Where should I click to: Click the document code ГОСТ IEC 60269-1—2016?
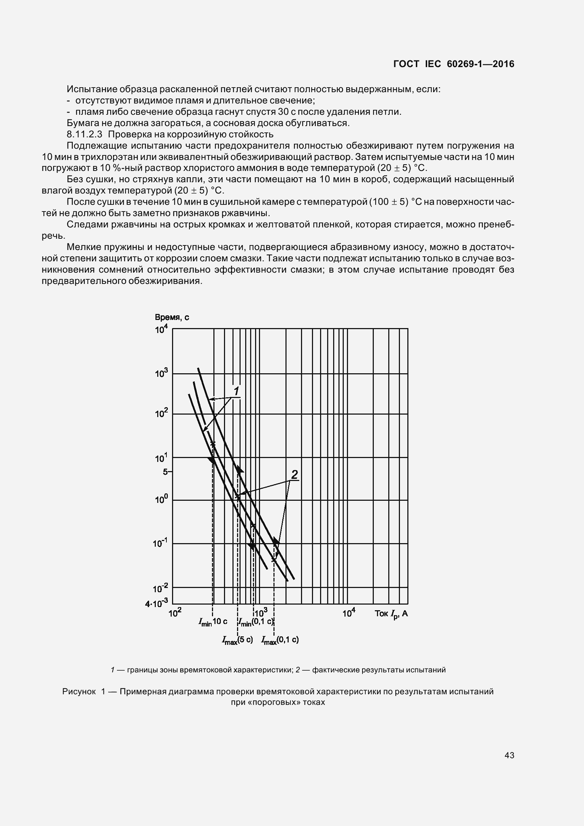point(453,64)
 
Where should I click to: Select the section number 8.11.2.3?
point(84,135)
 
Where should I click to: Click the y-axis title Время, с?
point(172,317)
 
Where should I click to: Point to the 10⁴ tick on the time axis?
point(161,329)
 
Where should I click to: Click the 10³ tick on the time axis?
point(161,373)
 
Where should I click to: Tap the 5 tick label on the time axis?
point(166,472)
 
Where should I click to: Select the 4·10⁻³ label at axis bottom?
point(157,604)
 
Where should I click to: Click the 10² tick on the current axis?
point(175,613)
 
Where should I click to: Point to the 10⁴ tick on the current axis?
point(349,613)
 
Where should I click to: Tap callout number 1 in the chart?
point(236,391)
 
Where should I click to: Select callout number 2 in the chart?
point(294,475)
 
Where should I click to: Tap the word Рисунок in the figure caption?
point(79,691)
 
